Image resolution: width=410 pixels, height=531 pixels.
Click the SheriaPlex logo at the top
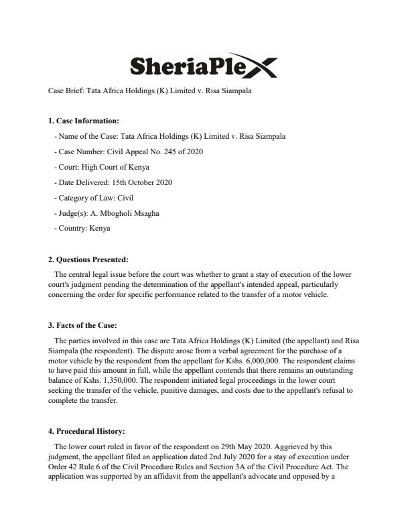pos(202,66)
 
